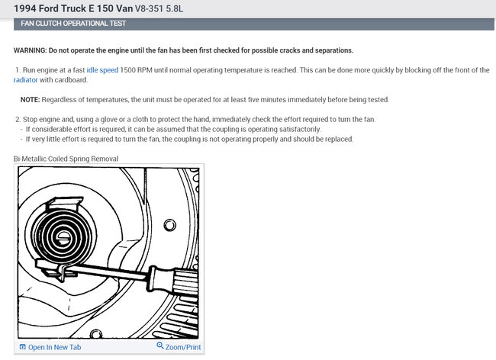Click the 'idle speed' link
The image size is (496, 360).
tap(102, 70)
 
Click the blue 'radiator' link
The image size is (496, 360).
tap(25, 80)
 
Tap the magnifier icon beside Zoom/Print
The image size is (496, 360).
tap(160, 346)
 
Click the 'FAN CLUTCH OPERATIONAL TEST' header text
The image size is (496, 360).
tap(73, 24)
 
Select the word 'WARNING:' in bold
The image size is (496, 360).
tap(30, 50)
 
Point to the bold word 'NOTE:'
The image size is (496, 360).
tap(30, 100)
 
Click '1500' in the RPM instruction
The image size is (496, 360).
tap(127, 70)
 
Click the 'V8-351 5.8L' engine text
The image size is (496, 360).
tap(159, 8)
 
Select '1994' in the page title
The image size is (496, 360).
tap(25, 8)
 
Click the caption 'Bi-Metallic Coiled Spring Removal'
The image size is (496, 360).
tap(66, 159)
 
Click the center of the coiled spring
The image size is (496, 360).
tap(64, 236)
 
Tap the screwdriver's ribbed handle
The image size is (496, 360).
tap(175, 282)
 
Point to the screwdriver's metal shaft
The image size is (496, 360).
tap(108, 272)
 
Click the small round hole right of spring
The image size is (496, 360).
tap(170, 225)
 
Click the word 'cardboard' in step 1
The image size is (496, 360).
tap(71, 80)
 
